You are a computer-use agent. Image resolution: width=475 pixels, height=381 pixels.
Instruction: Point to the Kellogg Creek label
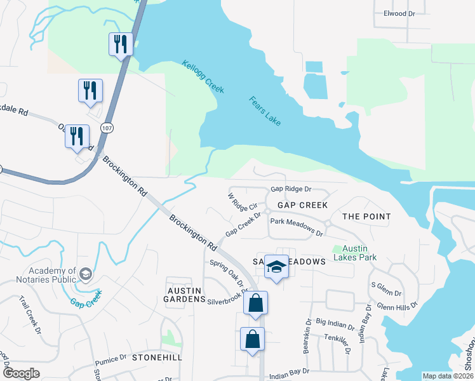tap(203, 77)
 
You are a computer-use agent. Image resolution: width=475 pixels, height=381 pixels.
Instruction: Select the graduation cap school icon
tap(276, 267)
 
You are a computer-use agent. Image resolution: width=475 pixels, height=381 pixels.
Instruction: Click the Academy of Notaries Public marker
tap(86, 274)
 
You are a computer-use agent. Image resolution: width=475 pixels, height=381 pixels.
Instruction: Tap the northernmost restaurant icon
tap(121, 44)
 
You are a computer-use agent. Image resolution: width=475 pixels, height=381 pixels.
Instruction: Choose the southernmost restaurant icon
tap(77, 137)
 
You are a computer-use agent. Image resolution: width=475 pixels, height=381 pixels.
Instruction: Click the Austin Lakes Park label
tap(359, 253)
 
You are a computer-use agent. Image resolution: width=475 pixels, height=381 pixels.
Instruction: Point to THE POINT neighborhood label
tap(366, 217)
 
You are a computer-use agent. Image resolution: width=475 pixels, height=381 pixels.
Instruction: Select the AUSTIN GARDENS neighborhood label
tap(184, 295)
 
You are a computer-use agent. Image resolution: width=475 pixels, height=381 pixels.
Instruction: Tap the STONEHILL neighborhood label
tap(157, 358)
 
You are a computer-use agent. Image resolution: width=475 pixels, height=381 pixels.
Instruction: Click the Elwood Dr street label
tap(399, 13)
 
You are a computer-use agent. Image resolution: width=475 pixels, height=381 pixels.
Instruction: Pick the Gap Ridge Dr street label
tap(291, 189)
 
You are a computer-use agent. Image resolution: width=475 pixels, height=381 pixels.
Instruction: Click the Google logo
tap(21, 373)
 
